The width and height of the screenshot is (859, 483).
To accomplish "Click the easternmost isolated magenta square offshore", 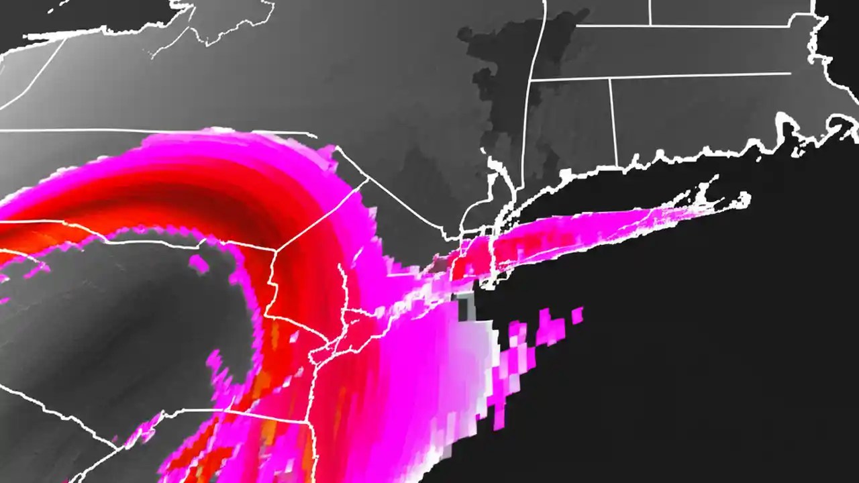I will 577,315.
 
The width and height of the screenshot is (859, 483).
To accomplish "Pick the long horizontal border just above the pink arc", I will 154,131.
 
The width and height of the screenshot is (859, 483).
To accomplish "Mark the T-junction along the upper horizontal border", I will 650,25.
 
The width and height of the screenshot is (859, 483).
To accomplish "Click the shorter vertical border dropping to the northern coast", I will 613,121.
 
